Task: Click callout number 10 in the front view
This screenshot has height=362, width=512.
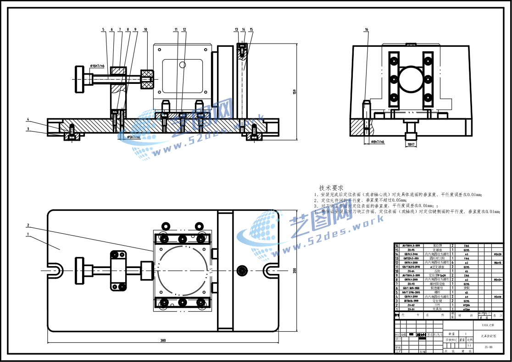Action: pos(145,30)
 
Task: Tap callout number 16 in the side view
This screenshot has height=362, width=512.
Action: pos(366,30)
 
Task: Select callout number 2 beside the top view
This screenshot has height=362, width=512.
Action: pos(28,225)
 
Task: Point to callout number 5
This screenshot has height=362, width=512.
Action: pos(103,30)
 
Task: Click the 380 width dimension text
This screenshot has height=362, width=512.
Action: pos(163,340)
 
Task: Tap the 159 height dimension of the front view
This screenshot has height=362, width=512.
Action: pos(294,92)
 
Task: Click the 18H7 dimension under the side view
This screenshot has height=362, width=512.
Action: pos(411,145)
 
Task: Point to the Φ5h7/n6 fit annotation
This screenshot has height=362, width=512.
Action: pos(130,137)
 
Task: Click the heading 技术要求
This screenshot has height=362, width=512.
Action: pos(331,188)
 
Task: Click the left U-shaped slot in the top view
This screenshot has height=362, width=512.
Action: pos(55,270)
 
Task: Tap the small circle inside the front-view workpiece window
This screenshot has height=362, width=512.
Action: pos(182,64)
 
